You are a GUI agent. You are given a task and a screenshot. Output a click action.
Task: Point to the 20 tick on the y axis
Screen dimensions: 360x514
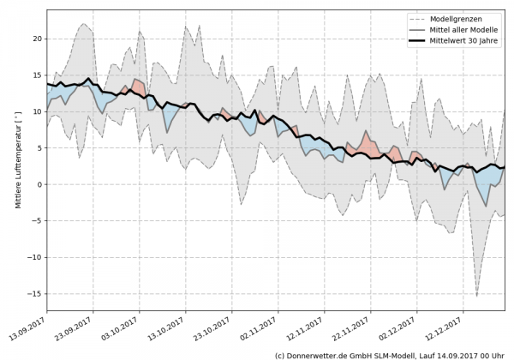coord(37,39)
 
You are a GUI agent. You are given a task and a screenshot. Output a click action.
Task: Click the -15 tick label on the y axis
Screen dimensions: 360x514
coord(35,294)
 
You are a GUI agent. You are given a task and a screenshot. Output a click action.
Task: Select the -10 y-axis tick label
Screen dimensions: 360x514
coord(35,257)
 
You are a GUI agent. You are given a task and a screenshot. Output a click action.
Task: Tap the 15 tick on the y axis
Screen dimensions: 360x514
coord(37,75)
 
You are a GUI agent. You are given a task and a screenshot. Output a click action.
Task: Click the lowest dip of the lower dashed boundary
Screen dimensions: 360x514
coord(477,296)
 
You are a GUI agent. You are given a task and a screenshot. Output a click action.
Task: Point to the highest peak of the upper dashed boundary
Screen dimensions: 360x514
coord(86,24)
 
